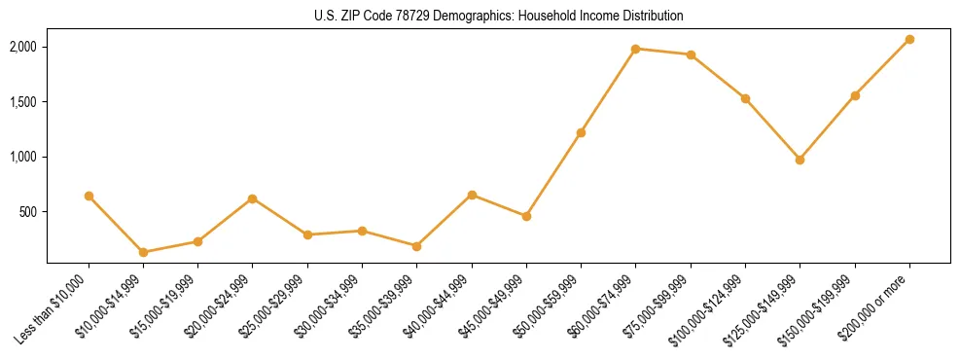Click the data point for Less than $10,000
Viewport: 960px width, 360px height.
[x=89, y=196]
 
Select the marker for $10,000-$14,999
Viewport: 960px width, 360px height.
[x=144, y=252]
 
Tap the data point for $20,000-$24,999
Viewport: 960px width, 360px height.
[x=253, y=198]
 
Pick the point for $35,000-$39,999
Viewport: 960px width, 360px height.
[x=417, y=246]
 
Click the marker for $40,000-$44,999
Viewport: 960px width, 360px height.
[x=472, y=195]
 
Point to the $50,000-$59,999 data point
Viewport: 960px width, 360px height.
[x=581, y=132]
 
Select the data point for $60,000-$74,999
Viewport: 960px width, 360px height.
[x=635, y=49]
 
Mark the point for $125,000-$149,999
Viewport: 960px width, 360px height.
[x=800, y=160]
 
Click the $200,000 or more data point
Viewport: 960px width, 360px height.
[x=909, y=39]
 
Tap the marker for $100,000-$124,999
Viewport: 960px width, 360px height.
[x=745, y=98]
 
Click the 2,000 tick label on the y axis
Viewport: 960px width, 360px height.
[x=23, y=47]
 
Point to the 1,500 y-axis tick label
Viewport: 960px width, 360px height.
[x=23, y=102]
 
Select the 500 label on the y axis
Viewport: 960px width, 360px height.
[x=28, y=212]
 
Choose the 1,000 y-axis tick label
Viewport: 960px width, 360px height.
[x=23, y=157]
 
